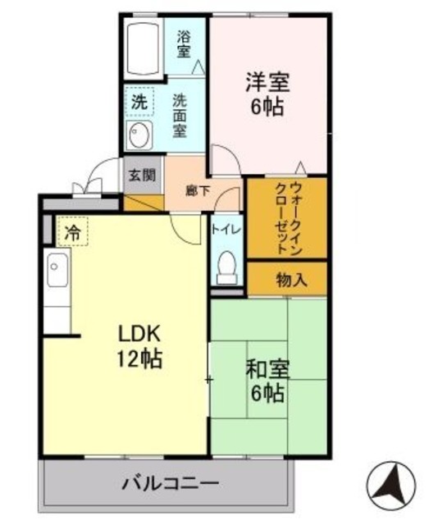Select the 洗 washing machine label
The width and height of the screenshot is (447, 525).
point(139,104)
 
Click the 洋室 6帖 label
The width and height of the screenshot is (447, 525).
point(267,94)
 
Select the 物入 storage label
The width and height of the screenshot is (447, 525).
point(292,279)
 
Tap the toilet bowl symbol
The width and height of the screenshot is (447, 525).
point(226,264)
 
